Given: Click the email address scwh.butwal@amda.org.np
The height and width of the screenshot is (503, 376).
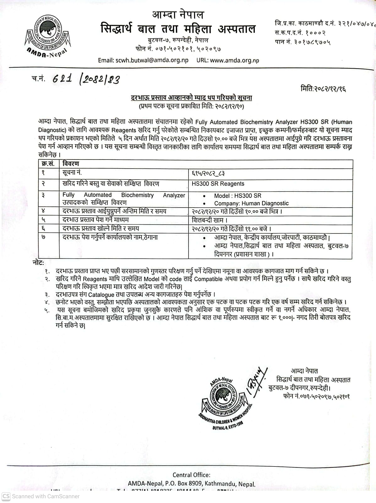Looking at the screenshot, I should [143, 60].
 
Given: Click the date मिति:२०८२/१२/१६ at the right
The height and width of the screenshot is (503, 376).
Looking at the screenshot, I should [323, 89].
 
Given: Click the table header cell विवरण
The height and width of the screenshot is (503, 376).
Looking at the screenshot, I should [71, 164].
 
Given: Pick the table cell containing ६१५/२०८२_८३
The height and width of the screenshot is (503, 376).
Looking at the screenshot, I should [208, 173].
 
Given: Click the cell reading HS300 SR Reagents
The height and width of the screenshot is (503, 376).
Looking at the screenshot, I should [218, 184].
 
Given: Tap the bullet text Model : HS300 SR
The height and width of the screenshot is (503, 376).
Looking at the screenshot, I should [237, 196].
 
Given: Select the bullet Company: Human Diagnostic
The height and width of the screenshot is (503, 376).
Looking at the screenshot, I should [251, 203].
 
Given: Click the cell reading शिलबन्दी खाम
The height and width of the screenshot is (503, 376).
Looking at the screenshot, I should [210, 220].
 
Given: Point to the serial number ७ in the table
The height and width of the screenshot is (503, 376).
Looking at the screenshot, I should [43, 237].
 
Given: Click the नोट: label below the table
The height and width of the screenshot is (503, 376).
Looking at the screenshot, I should [38, 263].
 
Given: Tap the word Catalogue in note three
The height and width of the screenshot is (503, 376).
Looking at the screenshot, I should [101, 295].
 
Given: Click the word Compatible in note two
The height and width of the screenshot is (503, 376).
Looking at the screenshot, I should [208, 279].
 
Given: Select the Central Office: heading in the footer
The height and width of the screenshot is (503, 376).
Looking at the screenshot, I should [191, 475].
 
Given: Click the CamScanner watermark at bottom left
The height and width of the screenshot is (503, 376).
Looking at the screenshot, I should [41, 496].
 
